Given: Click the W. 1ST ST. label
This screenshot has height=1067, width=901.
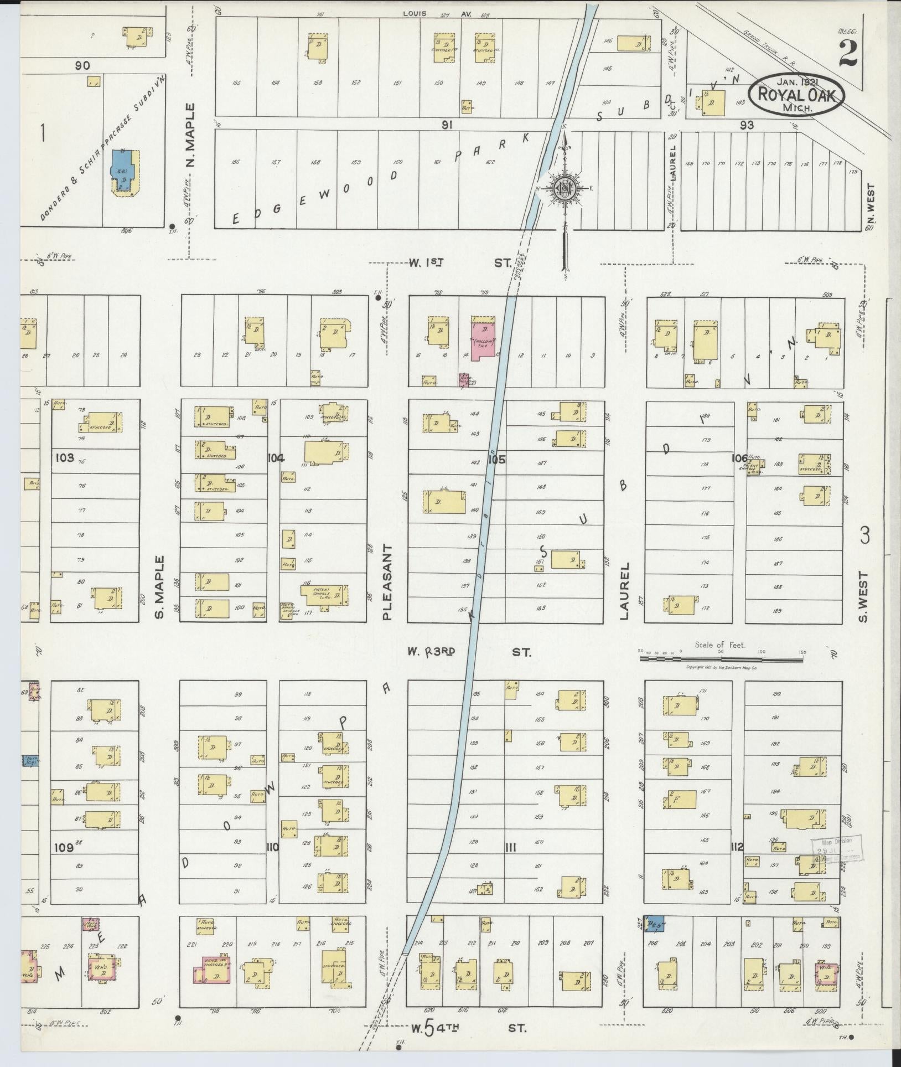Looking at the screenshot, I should click(x=459, y=264).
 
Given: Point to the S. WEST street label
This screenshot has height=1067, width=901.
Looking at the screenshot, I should click(x=864, y=597).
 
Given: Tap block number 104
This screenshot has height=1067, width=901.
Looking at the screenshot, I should click(x=275, y=457).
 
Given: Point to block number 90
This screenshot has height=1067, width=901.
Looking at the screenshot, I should click(x=83, y=65).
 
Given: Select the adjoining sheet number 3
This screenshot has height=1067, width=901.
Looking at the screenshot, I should click(x=864, y=536).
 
